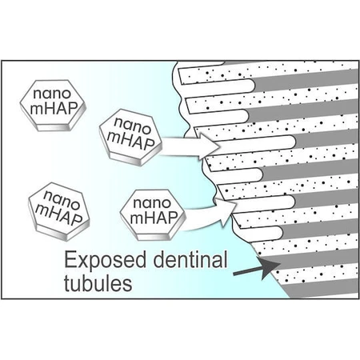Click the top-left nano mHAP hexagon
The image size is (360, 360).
point(53,106)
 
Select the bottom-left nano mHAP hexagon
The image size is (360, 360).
point(59,211)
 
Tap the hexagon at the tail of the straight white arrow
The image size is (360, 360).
point(130,138)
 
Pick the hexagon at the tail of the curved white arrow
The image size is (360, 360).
point(153,214)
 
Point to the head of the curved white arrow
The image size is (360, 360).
point(226,210)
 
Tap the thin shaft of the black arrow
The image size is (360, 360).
point(247,271)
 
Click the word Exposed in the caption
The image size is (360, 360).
point(105,260)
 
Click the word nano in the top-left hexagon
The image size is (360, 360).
point(52,94)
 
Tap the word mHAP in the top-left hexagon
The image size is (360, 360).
point(54,108)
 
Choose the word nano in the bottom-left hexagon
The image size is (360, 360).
point(62,199)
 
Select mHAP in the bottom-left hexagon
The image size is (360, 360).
point(59,214)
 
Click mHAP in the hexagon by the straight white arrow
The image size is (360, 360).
point(130,141)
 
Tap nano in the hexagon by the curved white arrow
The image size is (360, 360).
point(152,203)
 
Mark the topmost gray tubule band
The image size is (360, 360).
point(305,80)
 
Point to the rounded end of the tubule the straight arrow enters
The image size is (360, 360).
point(290,142)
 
